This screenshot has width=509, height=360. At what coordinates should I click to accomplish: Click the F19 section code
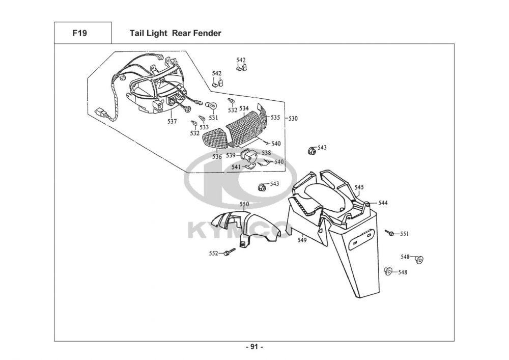pos(79,33)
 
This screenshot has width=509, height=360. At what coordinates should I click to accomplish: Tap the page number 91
pos(254,347)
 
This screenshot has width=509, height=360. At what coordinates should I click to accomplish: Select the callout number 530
pos(293,119)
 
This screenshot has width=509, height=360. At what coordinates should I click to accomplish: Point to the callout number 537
pos(172,121)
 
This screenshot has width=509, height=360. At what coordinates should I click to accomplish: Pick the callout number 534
pos(244,108)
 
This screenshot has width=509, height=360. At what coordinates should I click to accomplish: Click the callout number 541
pos(236,167)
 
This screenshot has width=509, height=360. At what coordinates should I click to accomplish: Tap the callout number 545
pos(359,187)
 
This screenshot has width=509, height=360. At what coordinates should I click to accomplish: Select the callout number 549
pos(302,240)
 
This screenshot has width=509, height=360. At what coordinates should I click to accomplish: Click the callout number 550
pos(244,204)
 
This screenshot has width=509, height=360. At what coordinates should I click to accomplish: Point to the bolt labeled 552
pos(230,252)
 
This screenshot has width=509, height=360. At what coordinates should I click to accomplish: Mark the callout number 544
pos(383,203)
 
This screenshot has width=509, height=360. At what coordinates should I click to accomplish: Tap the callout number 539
pos(231,155)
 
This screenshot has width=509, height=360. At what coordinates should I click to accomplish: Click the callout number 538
pos(266,153)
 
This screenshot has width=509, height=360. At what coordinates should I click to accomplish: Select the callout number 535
pos(275,117)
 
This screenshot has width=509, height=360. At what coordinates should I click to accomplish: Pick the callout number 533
pos(204,127)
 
